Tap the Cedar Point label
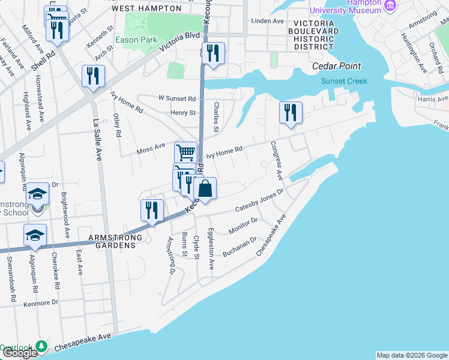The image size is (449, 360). coord(340,66)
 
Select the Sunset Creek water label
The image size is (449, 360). coord(344,81)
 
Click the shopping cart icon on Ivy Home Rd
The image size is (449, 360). coord(186,152)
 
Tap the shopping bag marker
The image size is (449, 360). coord(205,188)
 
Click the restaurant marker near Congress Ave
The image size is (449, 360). coord(291,112)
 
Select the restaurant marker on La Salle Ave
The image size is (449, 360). coord(93,76)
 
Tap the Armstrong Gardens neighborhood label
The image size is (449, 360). coord(115,238)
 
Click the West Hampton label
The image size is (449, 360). coord(146,8)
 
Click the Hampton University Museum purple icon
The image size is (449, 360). coord(391,5)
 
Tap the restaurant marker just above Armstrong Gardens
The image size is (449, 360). coord(152,211)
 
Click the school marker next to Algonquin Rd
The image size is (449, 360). coord(35,235)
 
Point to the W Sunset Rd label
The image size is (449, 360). coord(177,98)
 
